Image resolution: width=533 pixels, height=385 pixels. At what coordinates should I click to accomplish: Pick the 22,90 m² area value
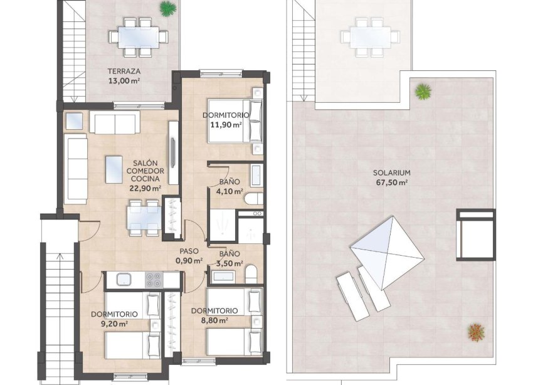click(145, 187)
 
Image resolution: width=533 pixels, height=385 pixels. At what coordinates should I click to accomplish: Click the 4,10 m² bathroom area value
click(229, 192)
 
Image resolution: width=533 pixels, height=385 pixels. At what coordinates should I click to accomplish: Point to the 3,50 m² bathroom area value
click(229, 264)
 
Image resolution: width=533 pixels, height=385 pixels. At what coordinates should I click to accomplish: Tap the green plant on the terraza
click(167, 9)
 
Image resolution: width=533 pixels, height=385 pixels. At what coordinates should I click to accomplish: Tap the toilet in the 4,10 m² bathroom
click(252, 200)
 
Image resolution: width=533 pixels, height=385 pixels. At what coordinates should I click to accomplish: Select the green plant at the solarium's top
click(424, 92)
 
